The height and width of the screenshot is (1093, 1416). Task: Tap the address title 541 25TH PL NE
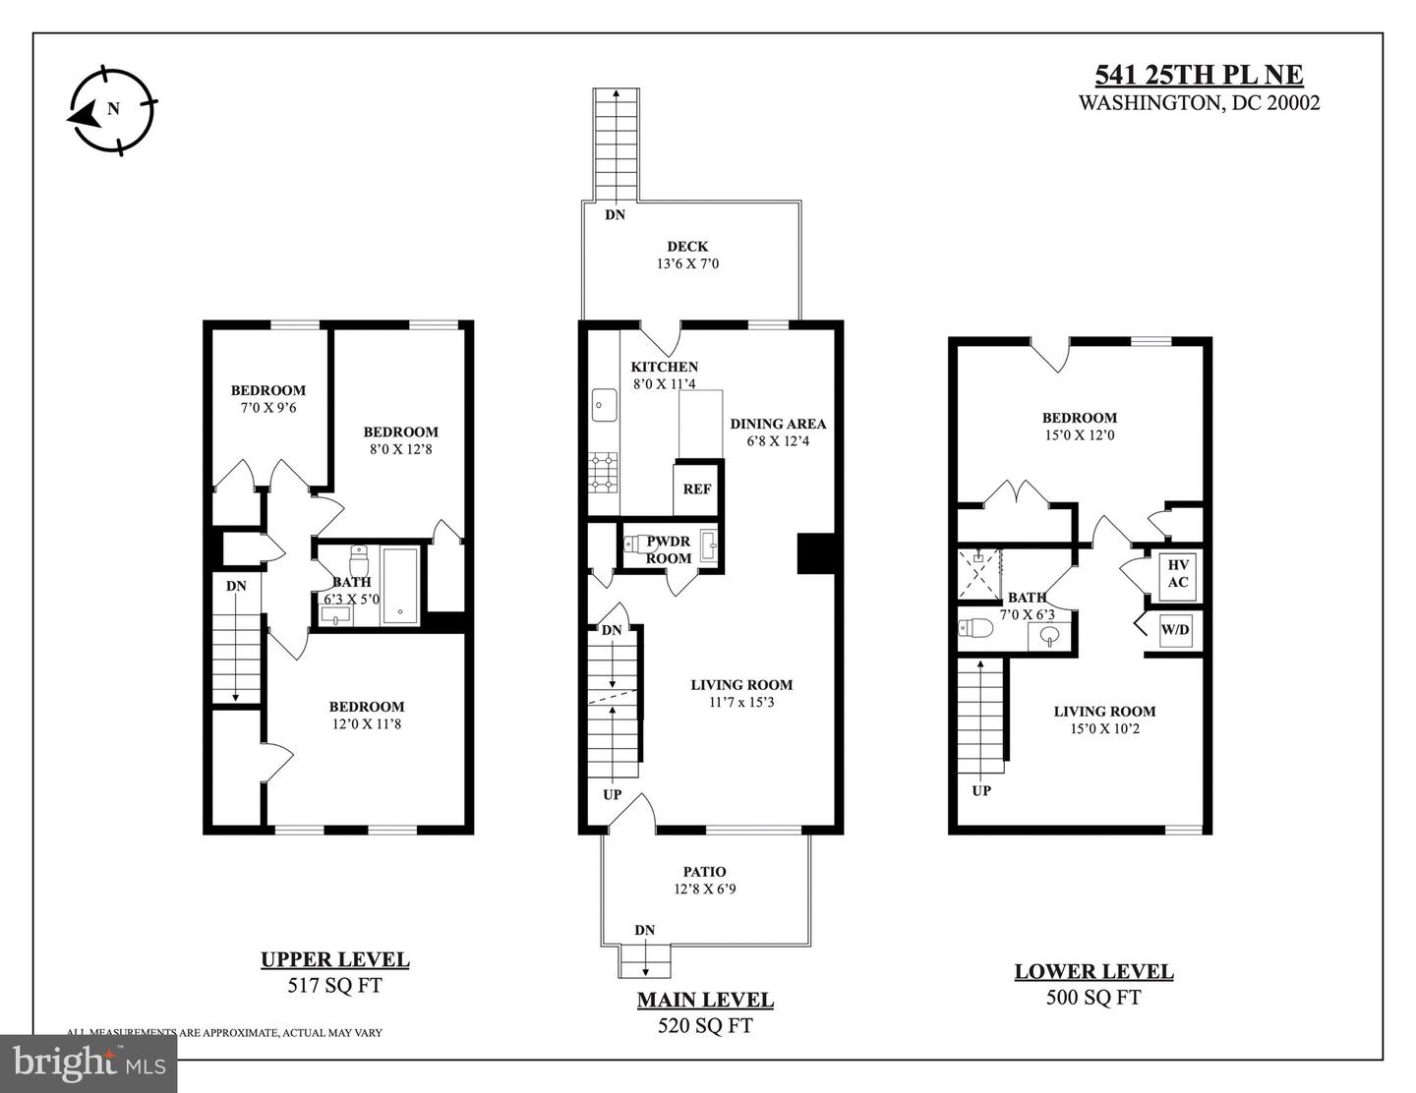click(1199, 75)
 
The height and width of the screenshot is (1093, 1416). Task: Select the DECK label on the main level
click(686, 246)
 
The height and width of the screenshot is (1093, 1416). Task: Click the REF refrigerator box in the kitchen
click(696, 489)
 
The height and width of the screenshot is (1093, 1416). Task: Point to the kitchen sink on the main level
click(605, 405)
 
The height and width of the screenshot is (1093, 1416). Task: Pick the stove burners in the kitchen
click(604, 472)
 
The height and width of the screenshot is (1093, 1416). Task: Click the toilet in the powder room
click(636, 544)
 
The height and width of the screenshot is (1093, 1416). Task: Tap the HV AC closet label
click(1177, 574)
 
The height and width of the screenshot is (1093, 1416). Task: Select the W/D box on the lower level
click(1175, 630)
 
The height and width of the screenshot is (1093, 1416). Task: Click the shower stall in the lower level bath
click(978, 574)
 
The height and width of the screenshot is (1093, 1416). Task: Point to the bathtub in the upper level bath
click(399, 586)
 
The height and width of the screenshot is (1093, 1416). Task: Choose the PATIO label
click(704, 872)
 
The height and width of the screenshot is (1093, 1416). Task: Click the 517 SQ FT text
click(334, 985)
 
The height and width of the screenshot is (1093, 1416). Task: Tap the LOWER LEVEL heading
click(1094, 971)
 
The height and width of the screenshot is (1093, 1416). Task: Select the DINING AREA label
click(778, 424)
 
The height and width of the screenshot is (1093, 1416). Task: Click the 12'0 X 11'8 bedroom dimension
click(367, 723)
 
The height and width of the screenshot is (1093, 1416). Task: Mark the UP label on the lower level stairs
click(981, 791)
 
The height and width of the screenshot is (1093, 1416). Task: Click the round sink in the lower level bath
click(1049, 635)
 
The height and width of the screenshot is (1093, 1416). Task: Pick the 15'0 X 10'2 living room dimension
click(1104, 728)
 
